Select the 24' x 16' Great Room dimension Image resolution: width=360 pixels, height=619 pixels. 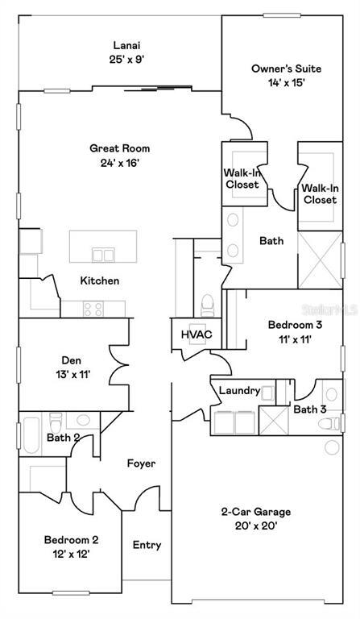(x=119, y=163)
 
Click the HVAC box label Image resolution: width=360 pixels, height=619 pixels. (x=194, y=334)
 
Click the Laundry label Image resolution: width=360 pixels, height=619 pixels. (x=239, y=392)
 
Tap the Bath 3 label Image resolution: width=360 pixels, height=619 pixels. (x=310, y=409)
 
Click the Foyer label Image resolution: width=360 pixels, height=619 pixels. (x=141, y=463)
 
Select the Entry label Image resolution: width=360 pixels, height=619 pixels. (x=146, y=545)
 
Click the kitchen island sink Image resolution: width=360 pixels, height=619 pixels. (x=103, y=255)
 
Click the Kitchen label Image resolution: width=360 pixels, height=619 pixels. (x=100, y=280)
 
